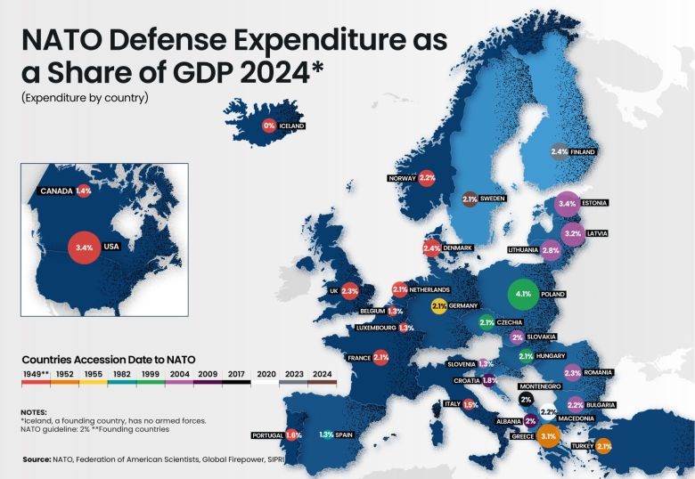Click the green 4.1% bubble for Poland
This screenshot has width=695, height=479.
click(x=522, y=294)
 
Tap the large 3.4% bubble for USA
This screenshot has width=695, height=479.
click(x=85, y=247)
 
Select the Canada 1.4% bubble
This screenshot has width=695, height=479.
click(x=84, y=191)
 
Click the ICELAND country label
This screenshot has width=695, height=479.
click(x=292, y=126)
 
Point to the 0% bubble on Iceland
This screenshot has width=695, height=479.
click(x=269, y=126)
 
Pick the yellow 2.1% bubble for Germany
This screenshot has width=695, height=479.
click(x=438, y=306)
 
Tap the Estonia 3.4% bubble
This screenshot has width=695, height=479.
click(x=567, y=204)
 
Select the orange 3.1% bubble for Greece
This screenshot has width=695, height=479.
click(x=548, y=436)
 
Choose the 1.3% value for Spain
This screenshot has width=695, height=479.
click(x=326, y=434)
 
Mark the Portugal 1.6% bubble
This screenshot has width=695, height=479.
click(x=293, y=434)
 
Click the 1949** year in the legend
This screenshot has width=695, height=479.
click(x=37, y=375)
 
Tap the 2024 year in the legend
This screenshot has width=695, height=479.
click(x=323, y=375)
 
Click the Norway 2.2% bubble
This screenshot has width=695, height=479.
click(x=427, y=178)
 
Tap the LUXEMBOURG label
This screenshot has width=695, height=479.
click(x=375, y=328)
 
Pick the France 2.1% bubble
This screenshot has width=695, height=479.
click(x=381, y=357)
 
